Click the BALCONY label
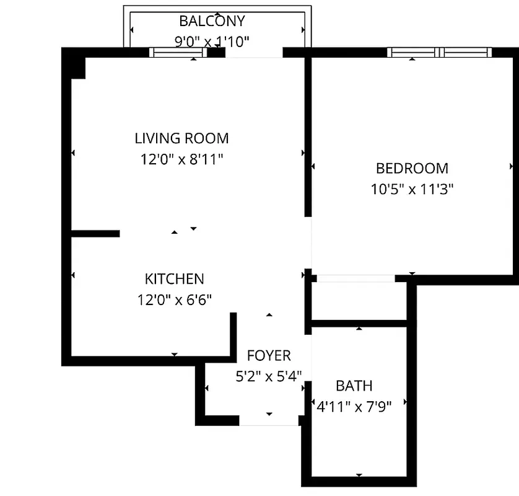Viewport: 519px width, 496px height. pyautogui.click(x=212, y=21)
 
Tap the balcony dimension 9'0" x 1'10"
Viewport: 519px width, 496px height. pyautogui.click(x=212, y=42)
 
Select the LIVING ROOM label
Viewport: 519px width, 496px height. pyautogui.click(x=181, y=138)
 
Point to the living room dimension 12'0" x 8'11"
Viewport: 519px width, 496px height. pyautogui.click(x=181, y=159)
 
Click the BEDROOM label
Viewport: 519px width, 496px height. pyautogui.click(x=412, y=168)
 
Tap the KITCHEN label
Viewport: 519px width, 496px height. pyautogui.click(x=174, y=279)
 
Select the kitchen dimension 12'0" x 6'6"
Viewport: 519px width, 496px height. pyautogui.click(x=174, y=300)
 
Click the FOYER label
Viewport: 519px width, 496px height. pyautogui.click(x=269, y=356)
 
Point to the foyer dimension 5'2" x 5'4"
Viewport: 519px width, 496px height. pyautogui.click(x=269, y=376)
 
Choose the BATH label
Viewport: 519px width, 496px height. pyautogui.click(x=354, y=386)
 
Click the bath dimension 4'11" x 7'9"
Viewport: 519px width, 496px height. pyautogui.click(x=354, y=406)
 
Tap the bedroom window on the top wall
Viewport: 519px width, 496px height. pyautogui.click(x=440, y=53)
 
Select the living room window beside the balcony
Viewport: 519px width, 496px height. pyautogui.click(x=179, y=53)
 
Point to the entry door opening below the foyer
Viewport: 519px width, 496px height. pyautogui.click(x=268, y=421)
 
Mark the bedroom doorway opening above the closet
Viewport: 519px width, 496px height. pyautogui.click(x=354, y=278)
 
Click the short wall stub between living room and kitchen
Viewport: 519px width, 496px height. pyautogui.click(x=95, y=234)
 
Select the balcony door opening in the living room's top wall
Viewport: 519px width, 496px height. pyautogui.click(x=254, y=53)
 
